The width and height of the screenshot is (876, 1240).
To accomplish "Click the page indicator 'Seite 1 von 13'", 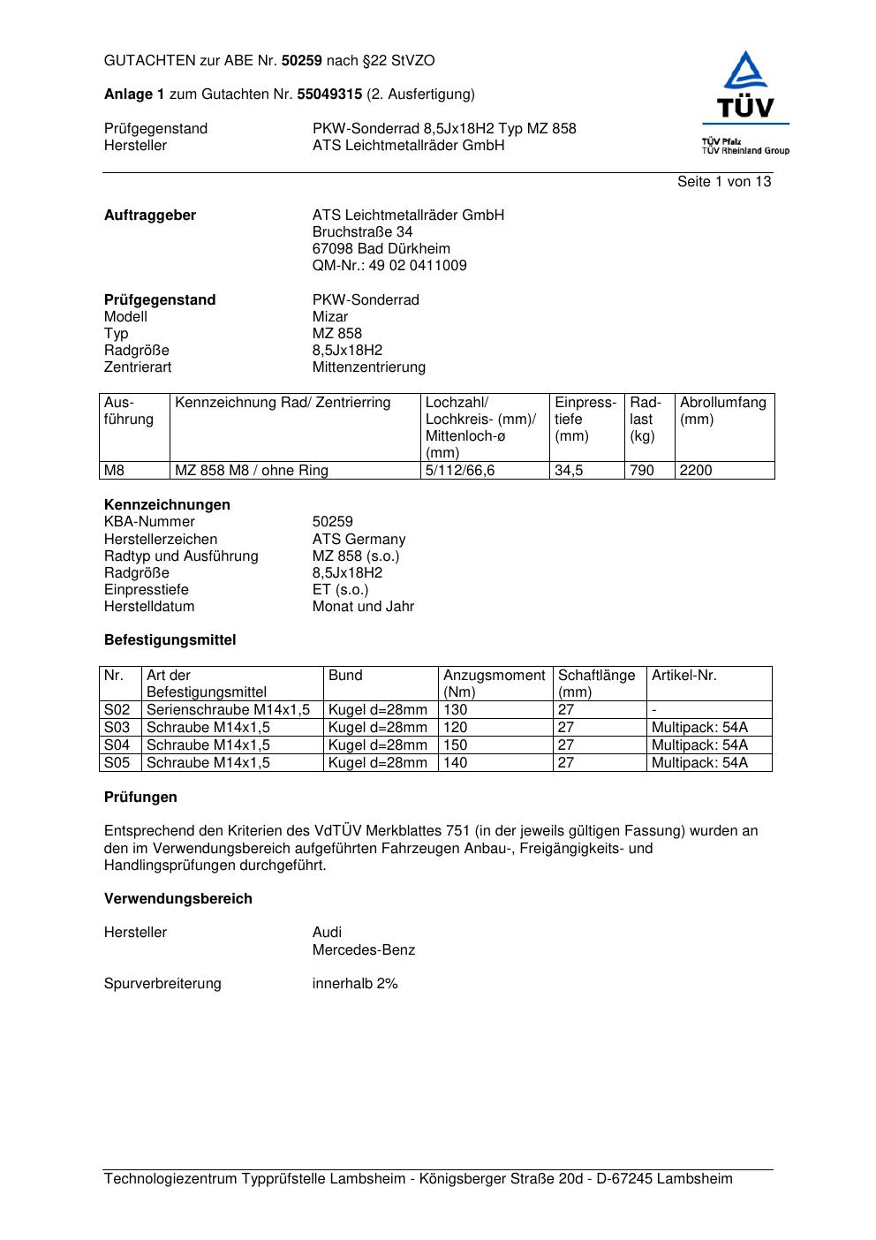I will pyautogui.click(x=723, y=182).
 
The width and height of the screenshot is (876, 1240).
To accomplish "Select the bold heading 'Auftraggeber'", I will pyautogui.click(x=150, y=215).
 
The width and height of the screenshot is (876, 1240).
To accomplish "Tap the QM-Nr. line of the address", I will pyautogui.click(x=389, y=266).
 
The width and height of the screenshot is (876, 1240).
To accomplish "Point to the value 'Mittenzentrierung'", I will pyautogui.click(x=368, y=367).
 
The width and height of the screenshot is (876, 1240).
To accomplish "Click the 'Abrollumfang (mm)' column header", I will pyautogui.click(x=723, y=411).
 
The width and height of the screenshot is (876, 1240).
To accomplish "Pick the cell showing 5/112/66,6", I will pyautogui.click(x=460, y=471).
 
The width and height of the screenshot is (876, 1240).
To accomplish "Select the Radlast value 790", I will pyautogui.click(x=642, y=471).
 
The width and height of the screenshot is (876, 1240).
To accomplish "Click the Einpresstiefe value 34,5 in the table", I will pyautogui.click(x=569, y=471).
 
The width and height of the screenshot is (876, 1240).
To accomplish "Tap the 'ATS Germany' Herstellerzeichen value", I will pyautogui.click(x=359, y=540).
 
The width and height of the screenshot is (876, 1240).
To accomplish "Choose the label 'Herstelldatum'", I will pyautogui.click(x=149, y=607).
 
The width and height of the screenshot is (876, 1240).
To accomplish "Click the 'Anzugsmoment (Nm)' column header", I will pyautogui.click(x=495, y=684).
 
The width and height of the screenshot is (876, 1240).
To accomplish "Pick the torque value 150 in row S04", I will pyautogui.click(x=456, y=745).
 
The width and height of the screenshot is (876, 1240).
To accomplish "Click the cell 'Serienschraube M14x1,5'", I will pyautogui.click(x=229, y=710).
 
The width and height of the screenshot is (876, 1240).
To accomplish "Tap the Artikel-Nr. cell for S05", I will pyautogui.click(x=699, y=763).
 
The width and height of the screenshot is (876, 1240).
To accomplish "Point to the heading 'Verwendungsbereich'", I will pyautogui.click(x=178, y=899).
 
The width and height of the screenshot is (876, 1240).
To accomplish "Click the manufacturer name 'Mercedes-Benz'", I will pyautogui.click(x=363, y=950).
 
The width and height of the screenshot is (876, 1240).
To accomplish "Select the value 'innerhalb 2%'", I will pyautogui.click(x=355, y=984).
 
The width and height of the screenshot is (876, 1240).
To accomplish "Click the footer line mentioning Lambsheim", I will pyautogui.click(x=419, y=1179).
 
